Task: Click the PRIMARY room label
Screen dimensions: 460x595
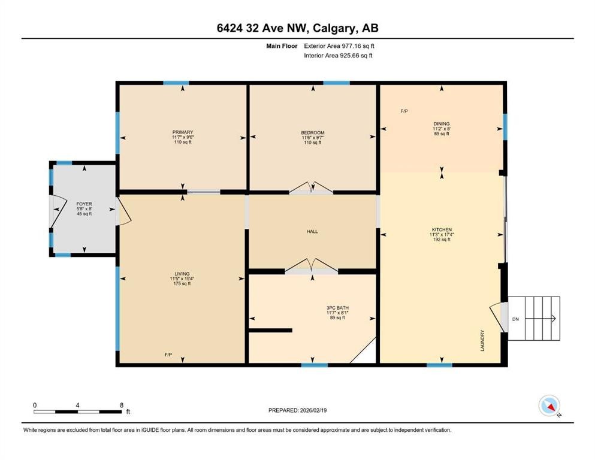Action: (183, 132)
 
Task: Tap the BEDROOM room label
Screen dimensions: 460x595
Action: (312, 133)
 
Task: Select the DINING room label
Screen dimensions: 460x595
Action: (442, 124)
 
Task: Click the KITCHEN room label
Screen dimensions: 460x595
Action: (442, 229)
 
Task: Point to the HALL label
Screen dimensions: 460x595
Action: (312, 231)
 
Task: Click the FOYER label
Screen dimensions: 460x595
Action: (84, 204)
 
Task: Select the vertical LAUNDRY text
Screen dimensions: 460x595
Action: (482, 340)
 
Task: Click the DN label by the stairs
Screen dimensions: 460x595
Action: (515, 319)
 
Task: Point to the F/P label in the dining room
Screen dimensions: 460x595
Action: (404, 111)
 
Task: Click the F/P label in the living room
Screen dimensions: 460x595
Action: (168, 355)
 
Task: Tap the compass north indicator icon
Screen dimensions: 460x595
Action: (549, 406)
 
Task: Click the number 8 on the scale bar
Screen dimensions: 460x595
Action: (122, 405)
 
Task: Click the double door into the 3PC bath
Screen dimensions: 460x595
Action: (311, 267)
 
